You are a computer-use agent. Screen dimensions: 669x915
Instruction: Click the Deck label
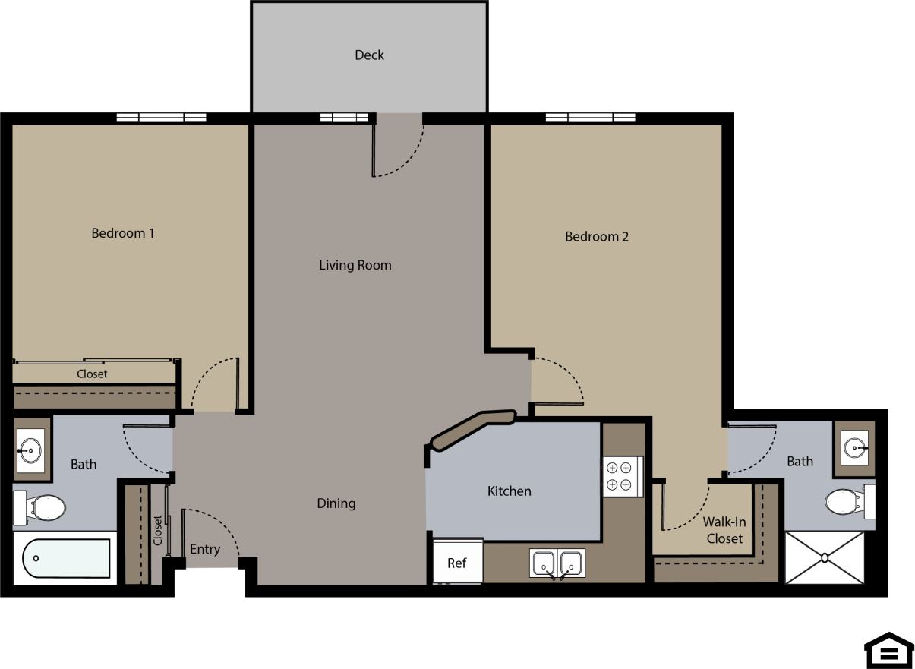pyautogui.click(x=369, y=55)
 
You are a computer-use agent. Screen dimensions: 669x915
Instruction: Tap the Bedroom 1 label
pyautogui.click(x=122, y=233)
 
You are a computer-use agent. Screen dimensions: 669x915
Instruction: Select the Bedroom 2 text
pyautogui.click(x=596, y=236)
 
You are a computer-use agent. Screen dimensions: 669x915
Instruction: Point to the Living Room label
pyautogui.click(x=355, y=265)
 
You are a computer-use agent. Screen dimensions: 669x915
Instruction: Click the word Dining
pyautogui.click(x=336, y=503)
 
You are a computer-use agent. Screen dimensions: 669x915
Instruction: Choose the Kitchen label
pyautogui.click(x=509, y=491)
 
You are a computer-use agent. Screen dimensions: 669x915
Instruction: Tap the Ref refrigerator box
pyautogui.click(x=456, y=562)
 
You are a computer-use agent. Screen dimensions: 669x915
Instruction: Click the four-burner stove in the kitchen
pyautogui.click(x=623, y=476)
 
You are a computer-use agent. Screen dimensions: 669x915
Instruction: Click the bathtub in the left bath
pyautogui.click(x=67, y=558)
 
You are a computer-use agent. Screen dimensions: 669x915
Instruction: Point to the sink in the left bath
pyautogui.click(x=31, y=450)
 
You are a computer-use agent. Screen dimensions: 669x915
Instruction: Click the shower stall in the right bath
pyautogui.click(x=824, y=557)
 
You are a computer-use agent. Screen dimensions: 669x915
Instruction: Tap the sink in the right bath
pyautogui.click(x=854, y=448)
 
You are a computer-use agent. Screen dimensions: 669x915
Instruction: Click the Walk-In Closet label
pyautogui.click(x=724, y=530)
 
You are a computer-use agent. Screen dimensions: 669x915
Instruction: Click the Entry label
pyautogui.click(x=204, y=549)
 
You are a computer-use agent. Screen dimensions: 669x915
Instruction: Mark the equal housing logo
pyautogui.click(x=888, y=651)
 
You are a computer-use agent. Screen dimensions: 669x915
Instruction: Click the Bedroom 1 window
pyautogui.click(x=161, y=118)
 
